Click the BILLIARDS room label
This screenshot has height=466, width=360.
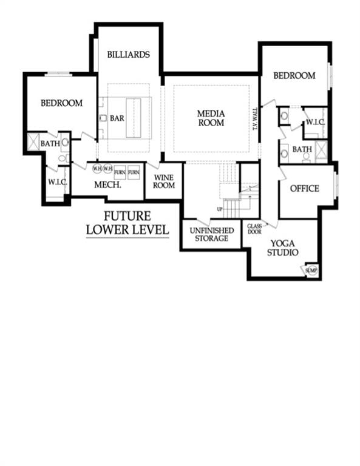pos(128,54)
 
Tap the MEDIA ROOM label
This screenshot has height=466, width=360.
pos(211,118)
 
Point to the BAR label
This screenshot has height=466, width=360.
pos(117,118)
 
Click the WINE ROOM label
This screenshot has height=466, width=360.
pos(164,181)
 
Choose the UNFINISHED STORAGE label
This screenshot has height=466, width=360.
pos(208,234)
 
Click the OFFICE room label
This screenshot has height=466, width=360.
pos(304,188)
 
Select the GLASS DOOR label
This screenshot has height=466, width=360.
pos(254,229)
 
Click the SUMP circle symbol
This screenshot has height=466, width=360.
pos(311,270)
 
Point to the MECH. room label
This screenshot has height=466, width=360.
pos(108,184)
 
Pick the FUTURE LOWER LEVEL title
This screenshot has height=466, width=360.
pos(127,223)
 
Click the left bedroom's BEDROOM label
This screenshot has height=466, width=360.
pos(61,103)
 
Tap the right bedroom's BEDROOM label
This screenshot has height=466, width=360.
pos(294,76)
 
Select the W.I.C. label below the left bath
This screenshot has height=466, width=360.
pos(57,182)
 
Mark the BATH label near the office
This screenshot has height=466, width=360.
pos(302,149)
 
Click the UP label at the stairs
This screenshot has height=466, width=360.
pos(219,209)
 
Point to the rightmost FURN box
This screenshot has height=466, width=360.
pos(134,172)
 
